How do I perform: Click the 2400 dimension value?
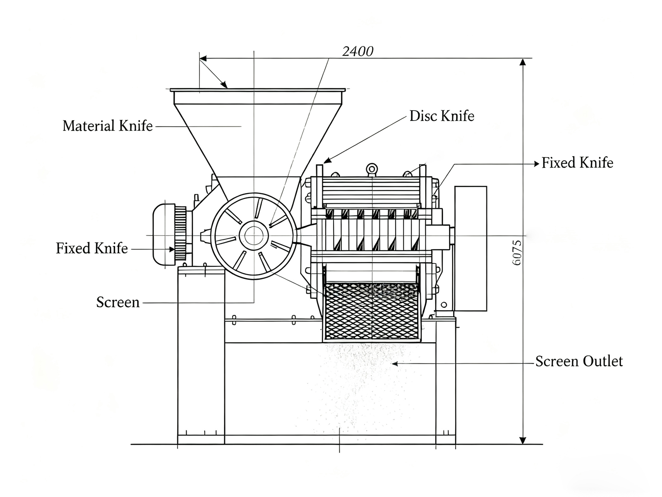click(358, 51)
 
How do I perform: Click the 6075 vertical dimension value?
click(517, 253)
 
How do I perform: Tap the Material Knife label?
click(108, 126)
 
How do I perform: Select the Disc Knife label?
click(441, 116)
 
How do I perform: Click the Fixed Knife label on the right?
click(577, 163)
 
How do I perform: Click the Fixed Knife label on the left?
click(92, 248)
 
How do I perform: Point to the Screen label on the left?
click(118, 302)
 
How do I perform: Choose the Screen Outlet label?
click(579, 362)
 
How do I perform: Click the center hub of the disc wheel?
click(253, 236)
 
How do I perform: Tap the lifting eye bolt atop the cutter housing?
click(372, 169)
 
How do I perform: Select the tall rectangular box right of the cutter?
click(470, 248)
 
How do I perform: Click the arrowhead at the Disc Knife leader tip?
click(326, 161)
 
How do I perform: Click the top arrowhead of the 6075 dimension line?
click(523, 62)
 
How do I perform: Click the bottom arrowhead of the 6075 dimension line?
click(523, 440)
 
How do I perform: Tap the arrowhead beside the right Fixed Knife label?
click(537, 164)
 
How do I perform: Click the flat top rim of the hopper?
click(257, 90)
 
